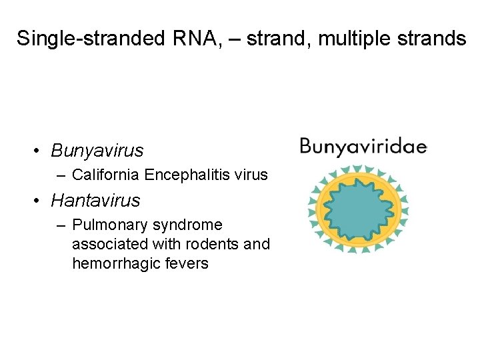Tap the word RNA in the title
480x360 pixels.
pos(193,39)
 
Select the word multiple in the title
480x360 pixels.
pos(356,39)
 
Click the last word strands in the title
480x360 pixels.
pos(433,39)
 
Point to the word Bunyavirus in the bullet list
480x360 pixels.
pos(97,151)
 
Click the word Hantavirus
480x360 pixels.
pos(95,200)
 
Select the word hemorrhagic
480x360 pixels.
pos(114,263)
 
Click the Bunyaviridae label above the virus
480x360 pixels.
pos(363,147)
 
